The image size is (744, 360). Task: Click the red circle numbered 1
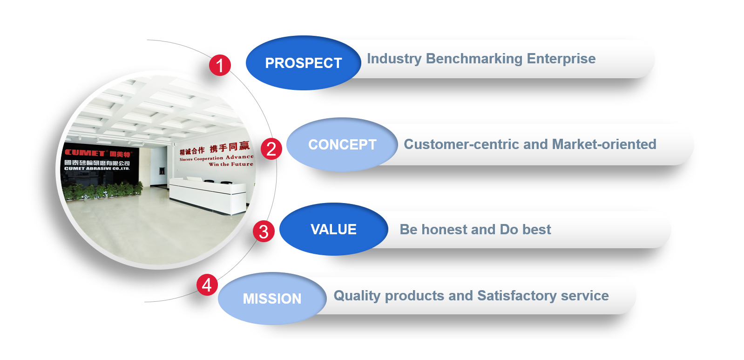point(220,65)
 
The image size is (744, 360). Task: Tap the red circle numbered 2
point(271,149)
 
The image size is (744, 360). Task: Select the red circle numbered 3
point(264,231)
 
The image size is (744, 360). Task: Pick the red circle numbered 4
point(207,285)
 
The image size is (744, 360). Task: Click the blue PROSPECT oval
point(303,63)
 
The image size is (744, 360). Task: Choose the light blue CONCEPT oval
point(342,144)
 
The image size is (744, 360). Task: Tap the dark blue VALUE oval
point(333,229)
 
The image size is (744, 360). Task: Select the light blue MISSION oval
point(272,299)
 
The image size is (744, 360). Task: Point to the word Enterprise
point(561,59)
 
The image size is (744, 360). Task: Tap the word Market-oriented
point(604,144)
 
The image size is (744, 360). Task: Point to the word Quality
point(357,296)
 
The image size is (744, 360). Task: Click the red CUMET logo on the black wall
point(85,153)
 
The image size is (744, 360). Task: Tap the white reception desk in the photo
point(208,195)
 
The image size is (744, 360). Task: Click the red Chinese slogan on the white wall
point(215,148)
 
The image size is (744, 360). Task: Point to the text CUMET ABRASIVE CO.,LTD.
point(97,169)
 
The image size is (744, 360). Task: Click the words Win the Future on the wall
point(231,164)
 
